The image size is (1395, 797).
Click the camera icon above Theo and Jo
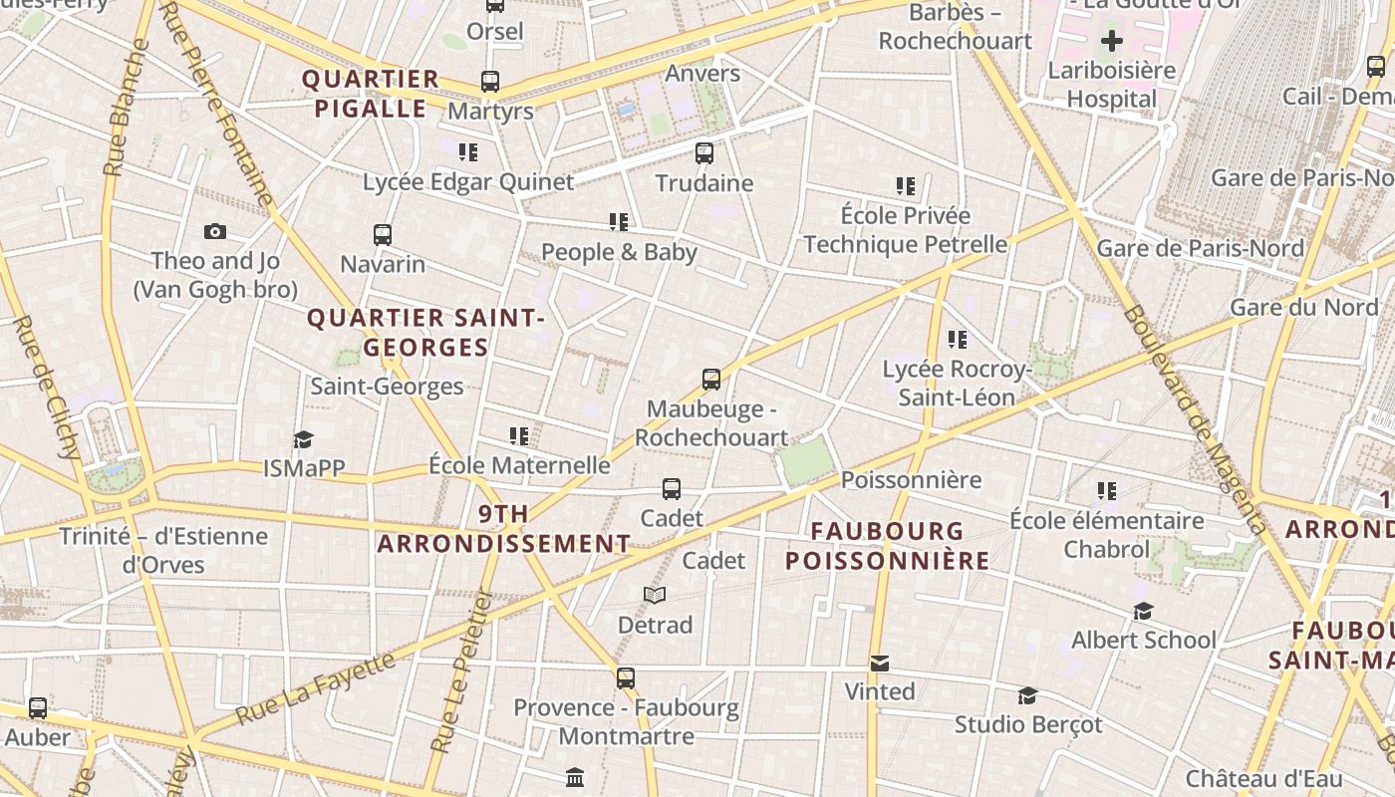point(214,232)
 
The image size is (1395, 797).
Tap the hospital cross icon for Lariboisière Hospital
point(1111,41)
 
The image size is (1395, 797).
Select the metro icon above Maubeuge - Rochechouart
point(710,380)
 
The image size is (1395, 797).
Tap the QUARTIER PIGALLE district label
point(371,94)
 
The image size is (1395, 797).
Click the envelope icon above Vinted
point(879,663)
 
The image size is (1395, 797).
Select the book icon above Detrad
point(654,596)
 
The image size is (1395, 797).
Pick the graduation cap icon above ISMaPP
point(303,439)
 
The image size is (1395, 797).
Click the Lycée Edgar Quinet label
point(468,181)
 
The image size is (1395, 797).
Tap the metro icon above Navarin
point(383,235)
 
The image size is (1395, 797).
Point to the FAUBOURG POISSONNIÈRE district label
point(887,545)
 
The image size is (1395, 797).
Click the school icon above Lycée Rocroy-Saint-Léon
point(957,340)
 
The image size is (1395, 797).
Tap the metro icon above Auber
point(38,708)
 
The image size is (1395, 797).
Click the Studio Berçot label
point(1028,724)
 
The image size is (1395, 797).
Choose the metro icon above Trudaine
point(704,153)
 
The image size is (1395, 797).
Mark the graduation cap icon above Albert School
point(1143,611)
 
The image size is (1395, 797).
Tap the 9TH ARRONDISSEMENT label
point(504,529)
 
